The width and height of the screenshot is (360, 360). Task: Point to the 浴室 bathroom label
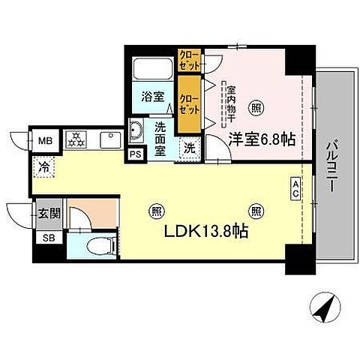tap(153, 96)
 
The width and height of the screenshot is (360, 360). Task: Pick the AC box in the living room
tap(295, 188)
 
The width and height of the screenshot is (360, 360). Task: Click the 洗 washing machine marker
tap(190, 148)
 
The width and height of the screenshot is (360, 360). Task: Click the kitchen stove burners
tap(75, 140)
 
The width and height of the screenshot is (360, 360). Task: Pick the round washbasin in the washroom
tap(137, 130)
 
